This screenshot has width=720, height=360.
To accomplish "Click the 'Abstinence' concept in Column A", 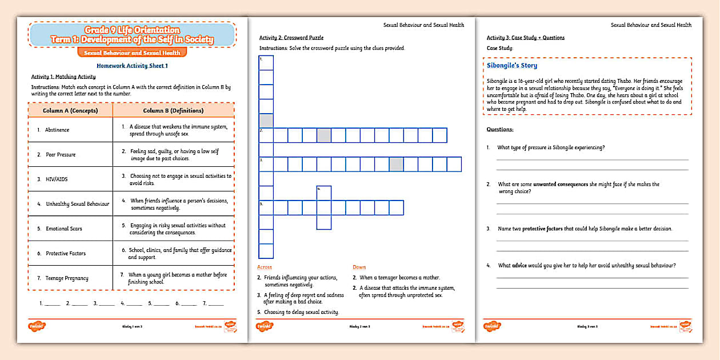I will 57,130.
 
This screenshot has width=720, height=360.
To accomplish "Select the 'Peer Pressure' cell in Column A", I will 61,155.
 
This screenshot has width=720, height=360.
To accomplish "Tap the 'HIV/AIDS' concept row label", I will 57,179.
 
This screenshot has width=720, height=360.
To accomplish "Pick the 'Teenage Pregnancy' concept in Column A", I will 67,278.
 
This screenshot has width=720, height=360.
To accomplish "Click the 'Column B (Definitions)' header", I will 173,110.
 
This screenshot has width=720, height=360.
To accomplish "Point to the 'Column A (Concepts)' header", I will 70,110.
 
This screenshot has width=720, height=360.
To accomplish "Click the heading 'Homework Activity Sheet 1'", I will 132,66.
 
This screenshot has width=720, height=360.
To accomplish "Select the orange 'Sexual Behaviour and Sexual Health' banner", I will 132,53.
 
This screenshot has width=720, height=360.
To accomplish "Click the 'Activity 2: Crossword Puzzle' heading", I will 291,38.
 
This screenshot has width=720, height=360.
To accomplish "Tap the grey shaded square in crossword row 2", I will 324,135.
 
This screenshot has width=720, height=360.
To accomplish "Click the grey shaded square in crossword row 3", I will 396,165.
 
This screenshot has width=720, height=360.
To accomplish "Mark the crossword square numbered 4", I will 324,193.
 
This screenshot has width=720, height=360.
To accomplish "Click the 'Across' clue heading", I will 265,267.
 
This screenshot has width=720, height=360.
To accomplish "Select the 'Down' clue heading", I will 359,267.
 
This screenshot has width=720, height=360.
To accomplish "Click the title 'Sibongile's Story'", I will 512,66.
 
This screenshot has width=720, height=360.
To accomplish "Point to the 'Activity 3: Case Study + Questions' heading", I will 525,38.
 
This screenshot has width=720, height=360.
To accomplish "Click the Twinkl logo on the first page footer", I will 37,326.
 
